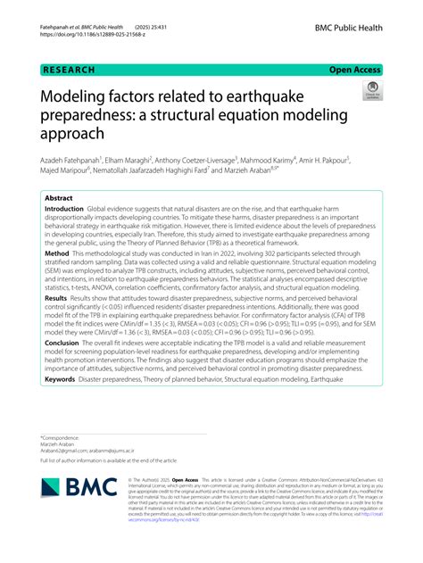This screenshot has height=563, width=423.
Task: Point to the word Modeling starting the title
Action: tap(77, 98)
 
